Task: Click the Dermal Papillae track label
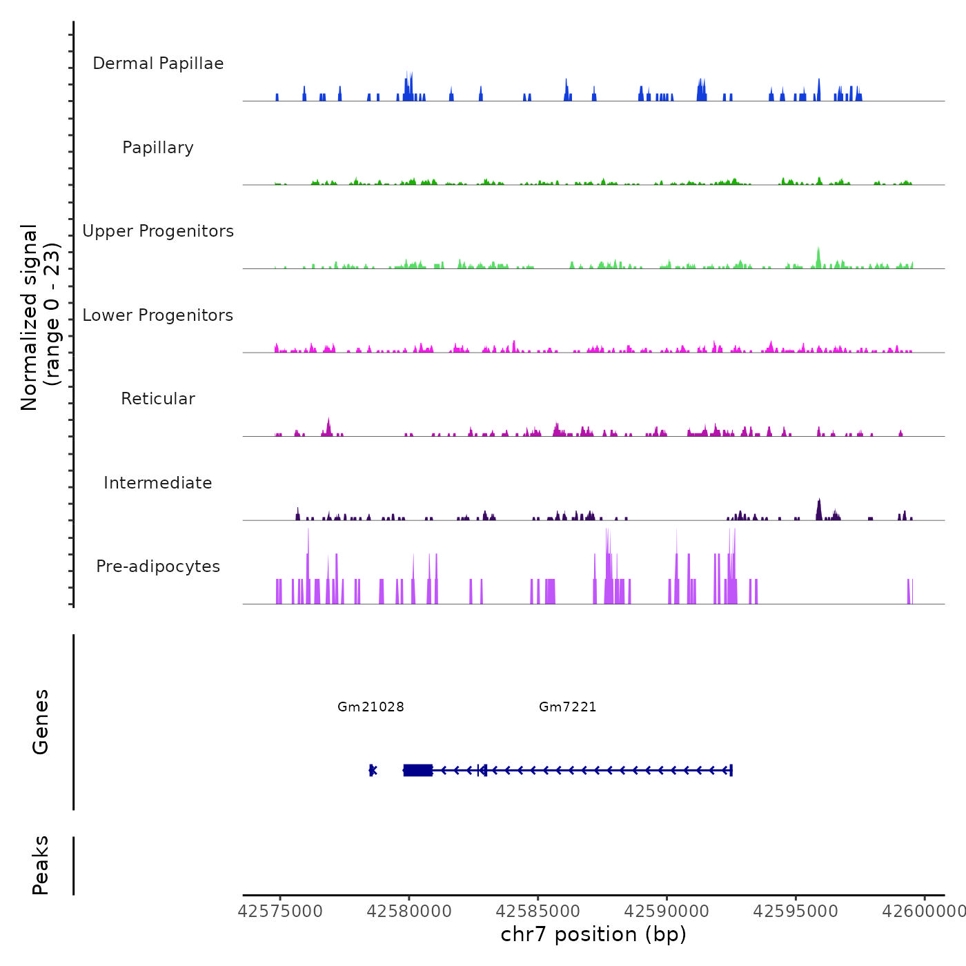(158, 63)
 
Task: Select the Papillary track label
(158, 148)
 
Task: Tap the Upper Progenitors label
(158, 231)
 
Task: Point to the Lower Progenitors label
(158, 315)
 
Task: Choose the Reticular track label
(158, 399)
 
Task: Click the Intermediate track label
(158, 483)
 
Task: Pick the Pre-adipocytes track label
(158, 566)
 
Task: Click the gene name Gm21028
(371, 707)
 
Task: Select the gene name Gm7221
(567, 707)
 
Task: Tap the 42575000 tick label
(280, 911)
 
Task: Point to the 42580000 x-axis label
(409, 911)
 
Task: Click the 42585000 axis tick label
(538, 911)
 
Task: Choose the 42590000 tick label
(667, 911)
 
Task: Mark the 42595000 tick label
(796, 911)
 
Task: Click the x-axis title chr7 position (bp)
(593, 934)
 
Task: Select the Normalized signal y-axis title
(41, 317)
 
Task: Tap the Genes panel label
(41, 722)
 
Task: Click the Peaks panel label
(41, 865)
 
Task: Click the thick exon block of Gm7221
(418, 770)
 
